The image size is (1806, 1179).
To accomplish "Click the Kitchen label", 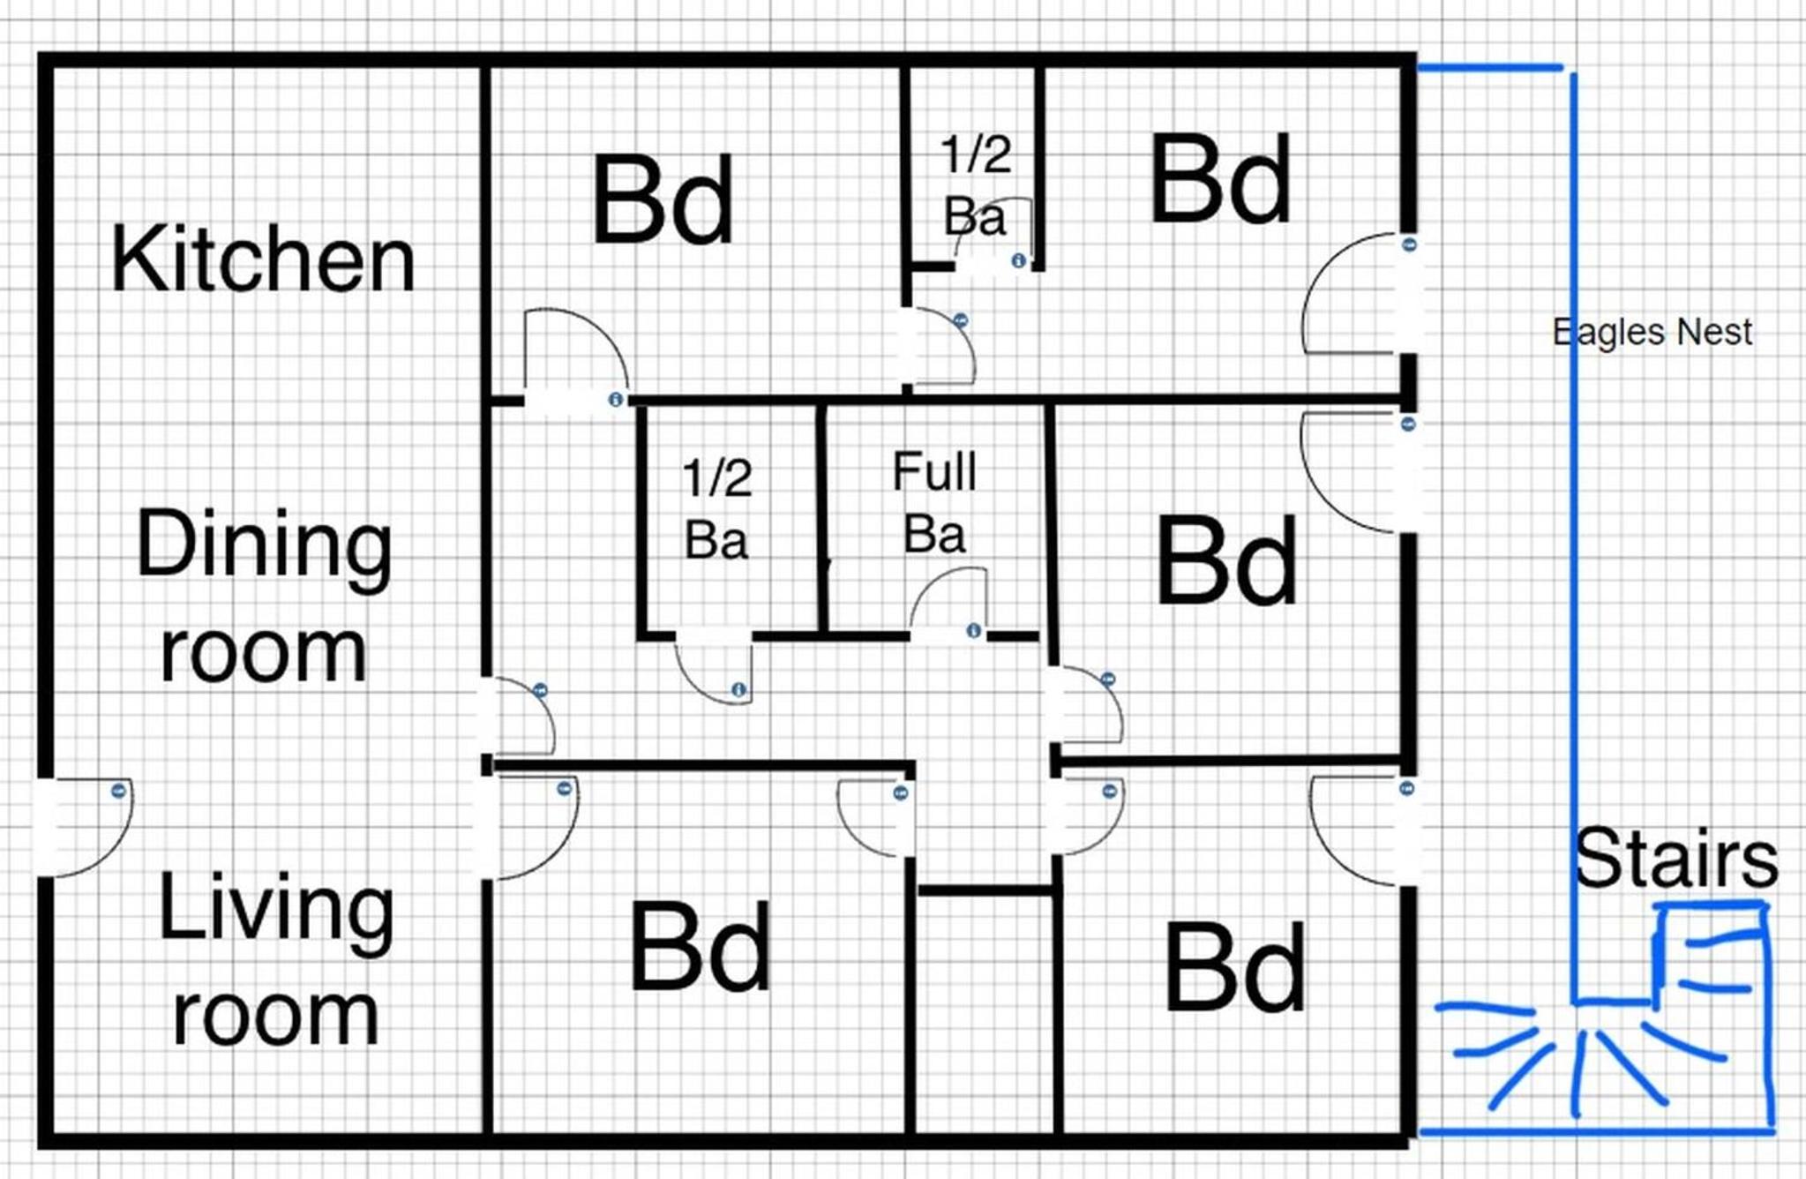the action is (263, 259).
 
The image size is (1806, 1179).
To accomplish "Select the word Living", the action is (275, 913).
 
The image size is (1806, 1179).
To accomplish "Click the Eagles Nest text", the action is (1652, 333).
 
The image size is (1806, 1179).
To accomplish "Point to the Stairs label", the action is (1676, 858).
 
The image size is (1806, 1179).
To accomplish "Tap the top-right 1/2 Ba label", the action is (975, 185).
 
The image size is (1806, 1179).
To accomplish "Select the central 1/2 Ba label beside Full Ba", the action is (716, 508).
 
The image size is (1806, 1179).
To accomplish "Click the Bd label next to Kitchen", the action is (663, 199).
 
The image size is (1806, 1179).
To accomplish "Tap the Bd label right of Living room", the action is (700, 947).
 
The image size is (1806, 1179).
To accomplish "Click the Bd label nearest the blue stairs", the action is (1233, 965).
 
